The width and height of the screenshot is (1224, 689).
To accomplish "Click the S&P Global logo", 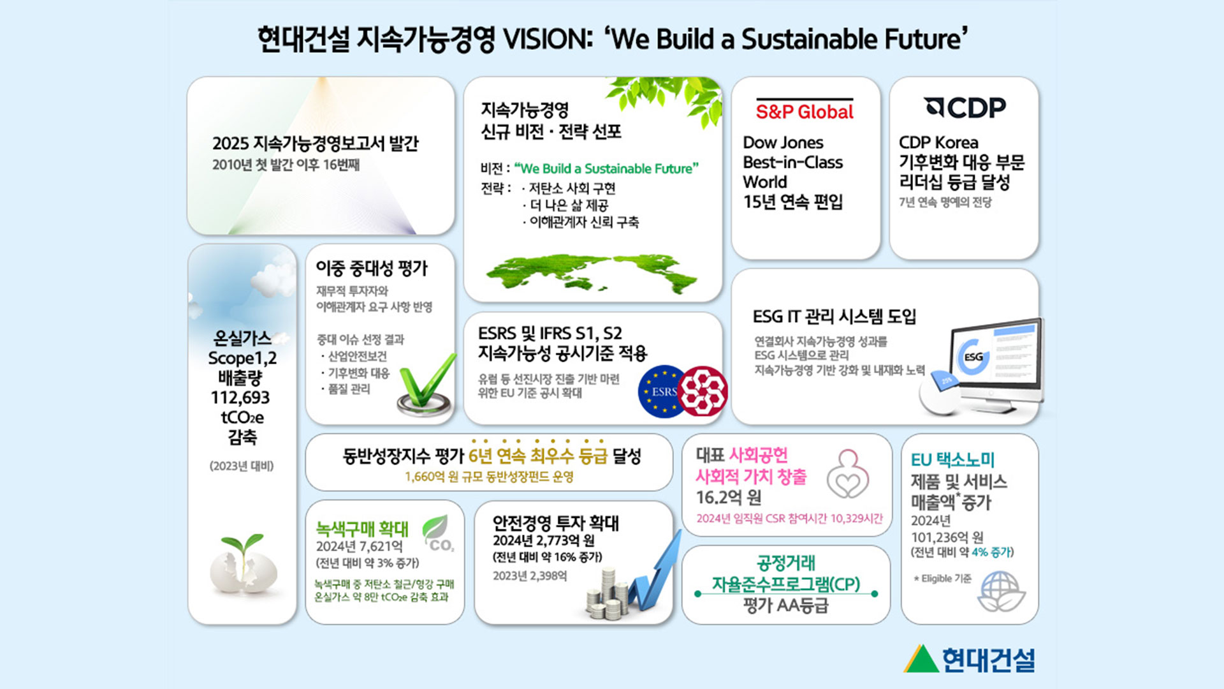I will [x=805, y=110].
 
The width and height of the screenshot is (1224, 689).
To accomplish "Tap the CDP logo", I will [x=965, y=107].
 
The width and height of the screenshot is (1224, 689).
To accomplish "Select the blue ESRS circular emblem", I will [x=661, y=391].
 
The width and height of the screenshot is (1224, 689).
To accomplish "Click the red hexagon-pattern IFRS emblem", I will [x=703, y=390].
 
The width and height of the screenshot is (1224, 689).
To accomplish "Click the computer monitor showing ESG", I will [x=995, y=364].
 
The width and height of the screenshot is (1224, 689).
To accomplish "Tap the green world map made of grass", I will [x=592, y=273].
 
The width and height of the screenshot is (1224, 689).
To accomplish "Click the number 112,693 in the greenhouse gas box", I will [x=240, y=397].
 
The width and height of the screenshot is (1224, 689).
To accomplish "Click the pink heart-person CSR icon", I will [x=848, y=475].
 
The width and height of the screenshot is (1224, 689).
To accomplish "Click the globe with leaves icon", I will [x=1001, y=591].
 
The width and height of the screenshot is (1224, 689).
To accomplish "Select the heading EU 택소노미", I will [x=952, y=459].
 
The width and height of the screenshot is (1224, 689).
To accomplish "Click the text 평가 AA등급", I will [x=785, y=605].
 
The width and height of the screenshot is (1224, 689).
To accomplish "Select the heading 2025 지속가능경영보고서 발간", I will [x=315, y=144].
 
